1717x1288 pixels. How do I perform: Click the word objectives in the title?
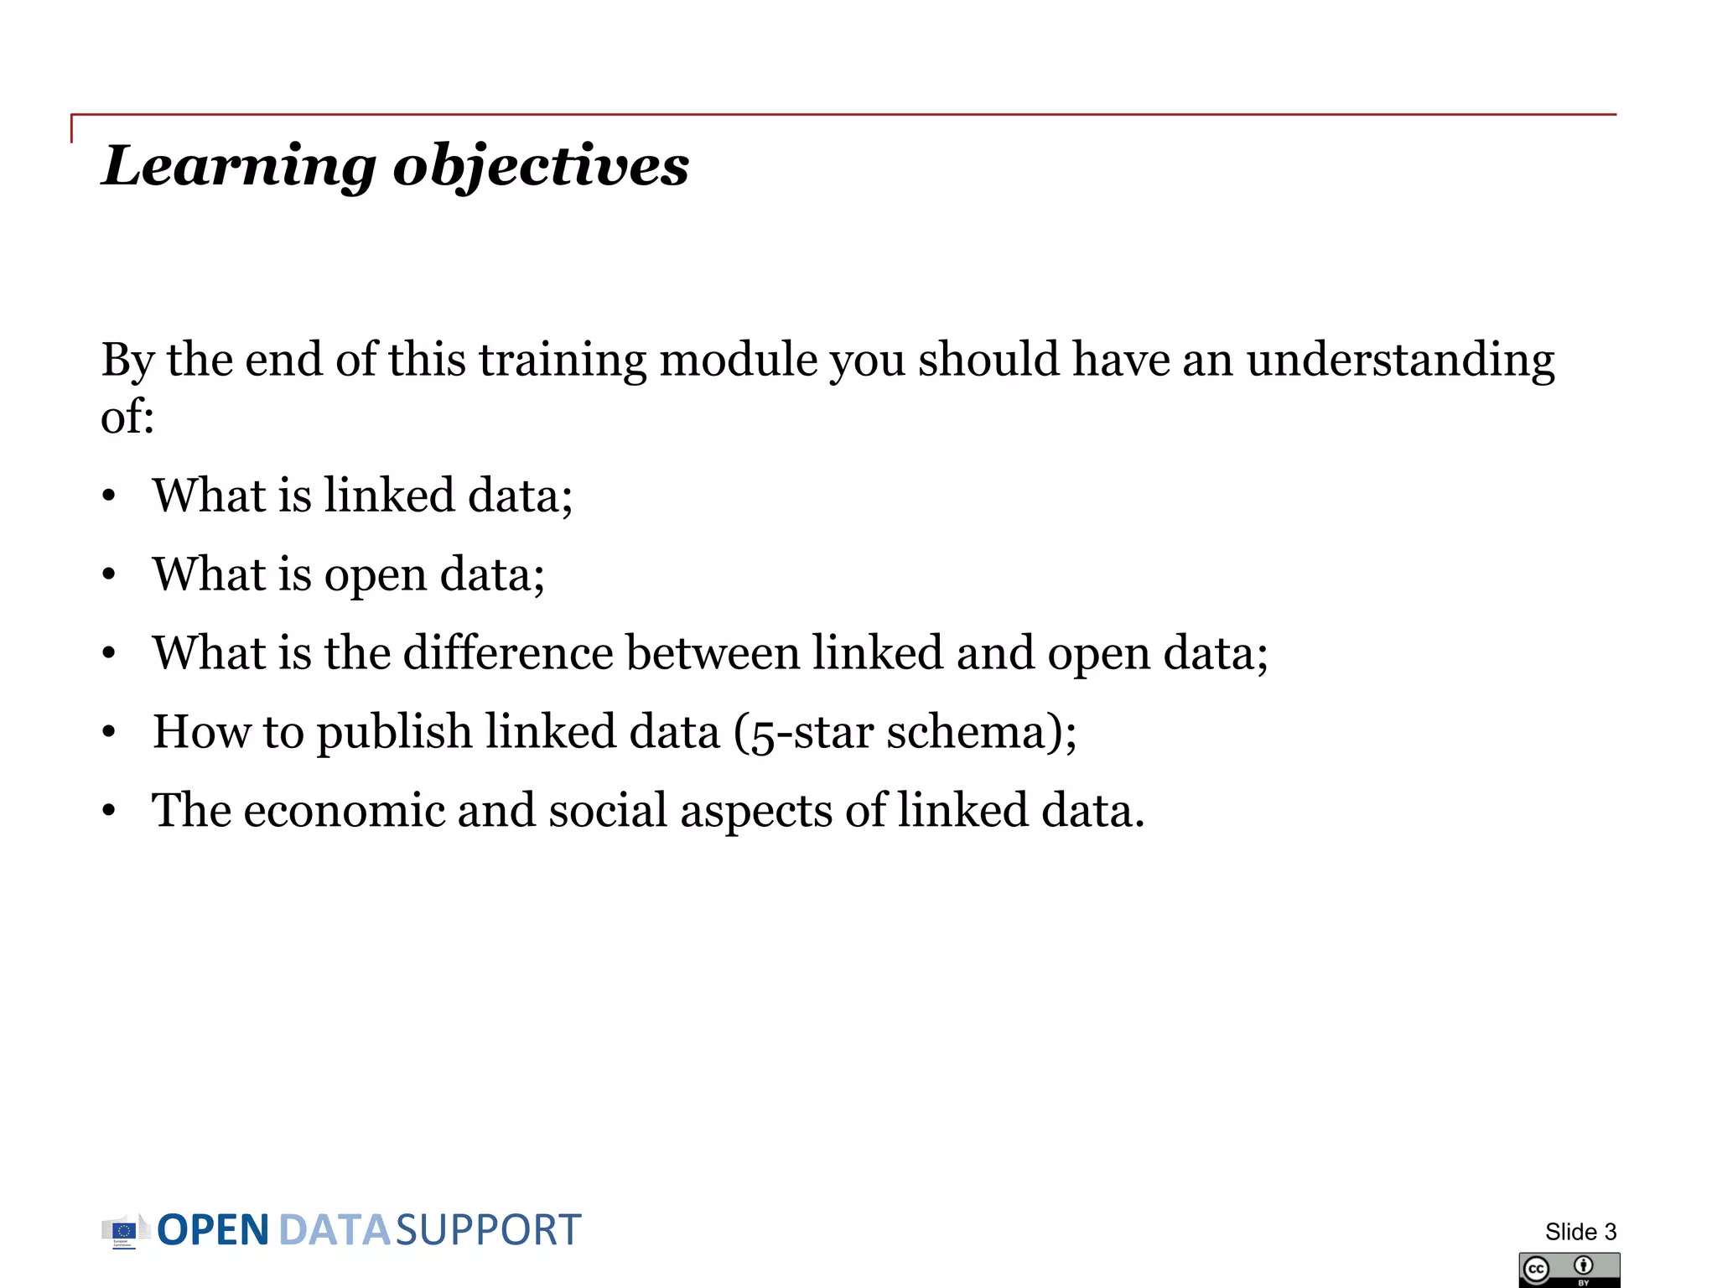tap(541, 166)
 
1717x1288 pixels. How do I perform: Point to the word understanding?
tap(1400, 361)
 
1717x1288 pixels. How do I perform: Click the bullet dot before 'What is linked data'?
tap(109, 496)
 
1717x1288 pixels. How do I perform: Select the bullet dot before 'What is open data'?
tap(109, 575)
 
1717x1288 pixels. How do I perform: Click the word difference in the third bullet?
tap(508, 653)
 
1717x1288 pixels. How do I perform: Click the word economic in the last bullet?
tap(344, 811)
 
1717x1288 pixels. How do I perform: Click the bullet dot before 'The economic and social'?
tap(109, 812)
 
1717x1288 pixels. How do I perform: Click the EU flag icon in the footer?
tap(124, 1231)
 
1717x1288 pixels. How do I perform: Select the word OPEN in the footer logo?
tap(213, 1231)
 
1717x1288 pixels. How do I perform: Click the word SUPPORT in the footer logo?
tap(488, 1231)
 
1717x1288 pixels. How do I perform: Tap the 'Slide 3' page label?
tap(1580, 1232)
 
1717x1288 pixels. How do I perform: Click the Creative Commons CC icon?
tap(1537, 1270)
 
